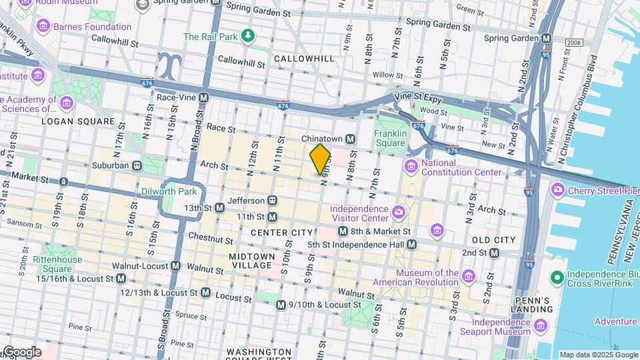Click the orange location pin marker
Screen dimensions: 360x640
pos(321,159)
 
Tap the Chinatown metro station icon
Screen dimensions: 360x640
pos(349,139)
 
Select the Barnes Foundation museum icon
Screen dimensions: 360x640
pos(44,27)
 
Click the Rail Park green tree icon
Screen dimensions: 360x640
pos(248,35)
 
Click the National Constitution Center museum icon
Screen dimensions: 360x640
pos(411,165)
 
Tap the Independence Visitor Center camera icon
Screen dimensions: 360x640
pos(399,212)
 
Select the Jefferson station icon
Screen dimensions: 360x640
pos(272,200)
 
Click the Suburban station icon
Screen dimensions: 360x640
pos(137,165)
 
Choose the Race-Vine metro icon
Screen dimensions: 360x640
pos(204,97)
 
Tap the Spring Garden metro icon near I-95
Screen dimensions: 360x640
pos(547,39)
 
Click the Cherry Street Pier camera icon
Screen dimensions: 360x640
pos(557,190)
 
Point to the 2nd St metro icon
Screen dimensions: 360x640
pos(494,253)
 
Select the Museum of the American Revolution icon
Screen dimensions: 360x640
pos(468,276)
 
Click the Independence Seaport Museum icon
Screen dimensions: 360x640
pos(540,326)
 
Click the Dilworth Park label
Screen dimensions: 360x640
pos(169,191)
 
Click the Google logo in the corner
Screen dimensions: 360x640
pos(21,351)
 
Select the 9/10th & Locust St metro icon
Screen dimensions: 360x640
pos(281,305)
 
